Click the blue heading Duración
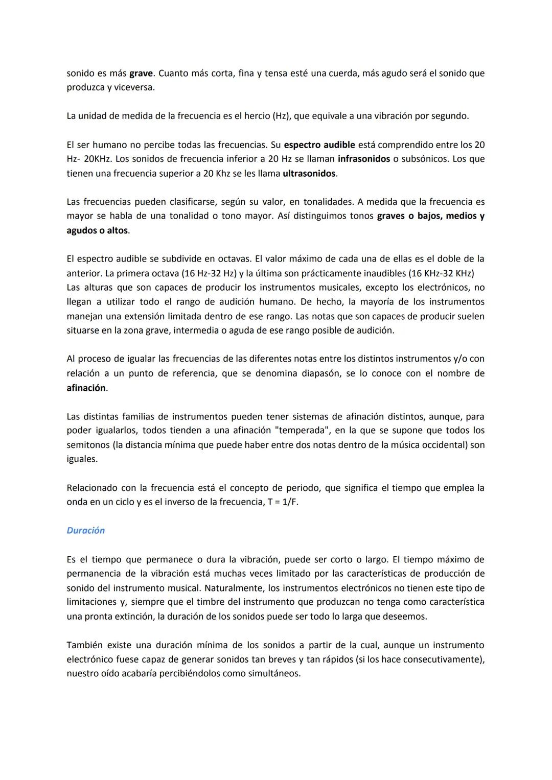[85, 530]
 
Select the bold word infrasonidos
[363, 159]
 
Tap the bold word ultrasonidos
[309, 173]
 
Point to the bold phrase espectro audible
[319, 145]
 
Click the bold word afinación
[86, 388]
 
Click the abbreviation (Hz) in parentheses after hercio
[281, 116]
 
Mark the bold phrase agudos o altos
[97, 230]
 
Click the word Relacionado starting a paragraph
[92, 488]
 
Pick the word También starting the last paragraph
[85, 645]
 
